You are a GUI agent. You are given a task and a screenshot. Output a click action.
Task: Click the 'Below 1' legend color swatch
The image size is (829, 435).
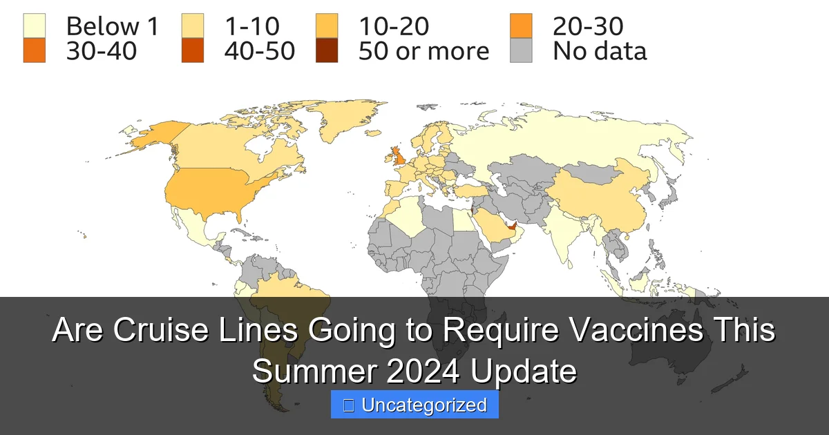(35, 27)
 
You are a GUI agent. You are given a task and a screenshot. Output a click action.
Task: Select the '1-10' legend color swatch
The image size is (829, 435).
(193, 27)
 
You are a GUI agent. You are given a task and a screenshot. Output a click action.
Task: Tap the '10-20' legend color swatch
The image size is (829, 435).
(327, 27)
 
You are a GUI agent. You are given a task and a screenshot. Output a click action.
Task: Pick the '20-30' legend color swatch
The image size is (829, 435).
(521, 27)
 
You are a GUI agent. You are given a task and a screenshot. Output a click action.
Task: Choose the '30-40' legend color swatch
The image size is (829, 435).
(35, 51)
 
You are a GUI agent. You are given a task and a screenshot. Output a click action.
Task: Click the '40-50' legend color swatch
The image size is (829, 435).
(193, 51)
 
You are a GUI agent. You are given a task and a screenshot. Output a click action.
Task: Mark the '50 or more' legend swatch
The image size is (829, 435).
(327, 51)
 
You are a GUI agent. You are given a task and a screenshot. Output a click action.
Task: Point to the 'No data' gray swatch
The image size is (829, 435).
(521, 51)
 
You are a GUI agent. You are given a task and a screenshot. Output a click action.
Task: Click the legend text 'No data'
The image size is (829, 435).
(599, 51)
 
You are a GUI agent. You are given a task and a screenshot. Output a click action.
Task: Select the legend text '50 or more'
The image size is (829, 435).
(423, 51)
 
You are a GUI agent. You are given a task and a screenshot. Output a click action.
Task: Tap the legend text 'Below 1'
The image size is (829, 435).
(113, 27)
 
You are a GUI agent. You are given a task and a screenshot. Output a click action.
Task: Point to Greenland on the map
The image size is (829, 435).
(339, 124)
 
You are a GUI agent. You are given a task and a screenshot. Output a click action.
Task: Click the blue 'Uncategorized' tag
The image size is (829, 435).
(414, 405)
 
